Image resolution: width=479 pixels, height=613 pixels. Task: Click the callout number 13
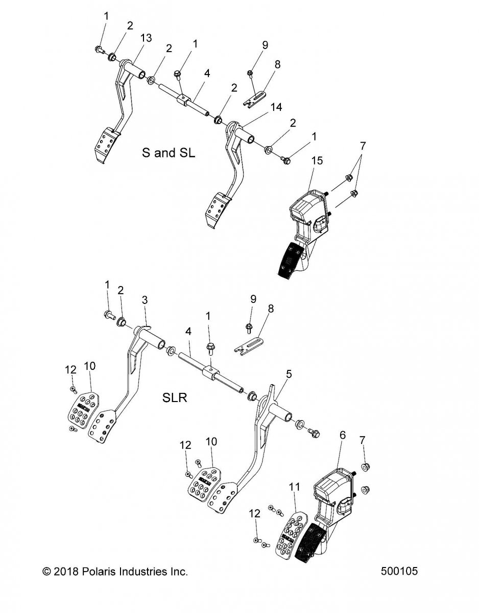click(146, 38)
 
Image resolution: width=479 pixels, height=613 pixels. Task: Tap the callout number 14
click(276, 107)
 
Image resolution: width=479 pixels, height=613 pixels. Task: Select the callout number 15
click(317, 160)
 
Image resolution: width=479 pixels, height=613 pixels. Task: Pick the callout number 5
click(289, 374)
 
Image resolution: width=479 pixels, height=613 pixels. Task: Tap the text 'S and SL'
click(169, 153)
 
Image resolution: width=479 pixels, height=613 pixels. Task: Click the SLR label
click(175, 397)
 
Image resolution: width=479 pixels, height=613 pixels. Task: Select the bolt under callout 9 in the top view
click(250, 74)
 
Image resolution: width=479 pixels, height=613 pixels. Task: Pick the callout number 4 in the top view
click(207, 74)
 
